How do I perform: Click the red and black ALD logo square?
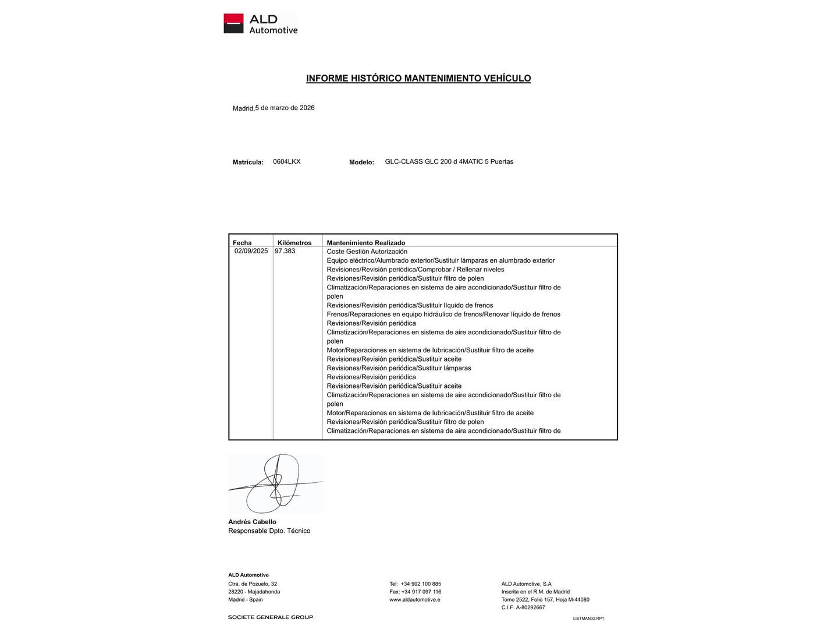point(233,23)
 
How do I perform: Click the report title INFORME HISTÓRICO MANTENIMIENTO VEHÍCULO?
point(418,78)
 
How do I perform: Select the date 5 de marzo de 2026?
point(285,108)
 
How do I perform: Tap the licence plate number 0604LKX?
point(287,162)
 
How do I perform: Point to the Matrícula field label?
point(248,162)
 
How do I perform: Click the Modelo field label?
point(361,162)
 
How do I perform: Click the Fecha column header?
point(242,243)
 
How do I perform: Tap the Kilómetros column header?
point(294,243)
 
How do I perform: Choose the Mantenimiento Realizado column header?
point(365,243)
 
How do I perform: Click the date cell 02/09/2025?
point(251,251)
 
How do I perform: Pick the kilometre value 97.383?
point(285,251)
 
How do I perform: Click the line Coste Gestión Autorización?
point(367,252)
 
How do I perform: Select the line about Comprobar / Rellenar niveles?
point(416,270)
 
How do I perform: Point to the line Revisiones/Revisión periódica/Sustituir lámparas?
point(399,368)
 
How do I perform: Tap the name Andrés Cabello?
point(252,522)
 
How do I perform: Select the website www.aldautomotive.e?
point(414,599)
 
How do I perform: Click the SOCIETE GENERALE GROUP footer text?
point(271,617)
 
